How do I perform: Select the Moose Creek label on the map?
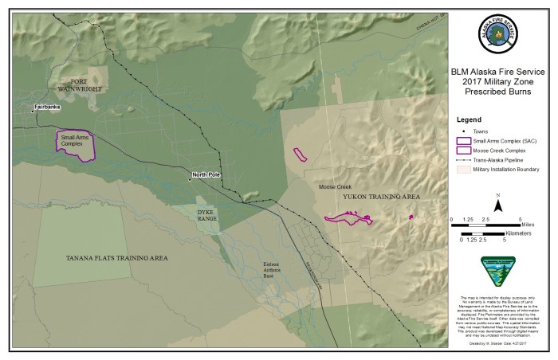335,186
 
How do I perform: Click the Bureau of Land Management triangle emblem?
497,271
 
